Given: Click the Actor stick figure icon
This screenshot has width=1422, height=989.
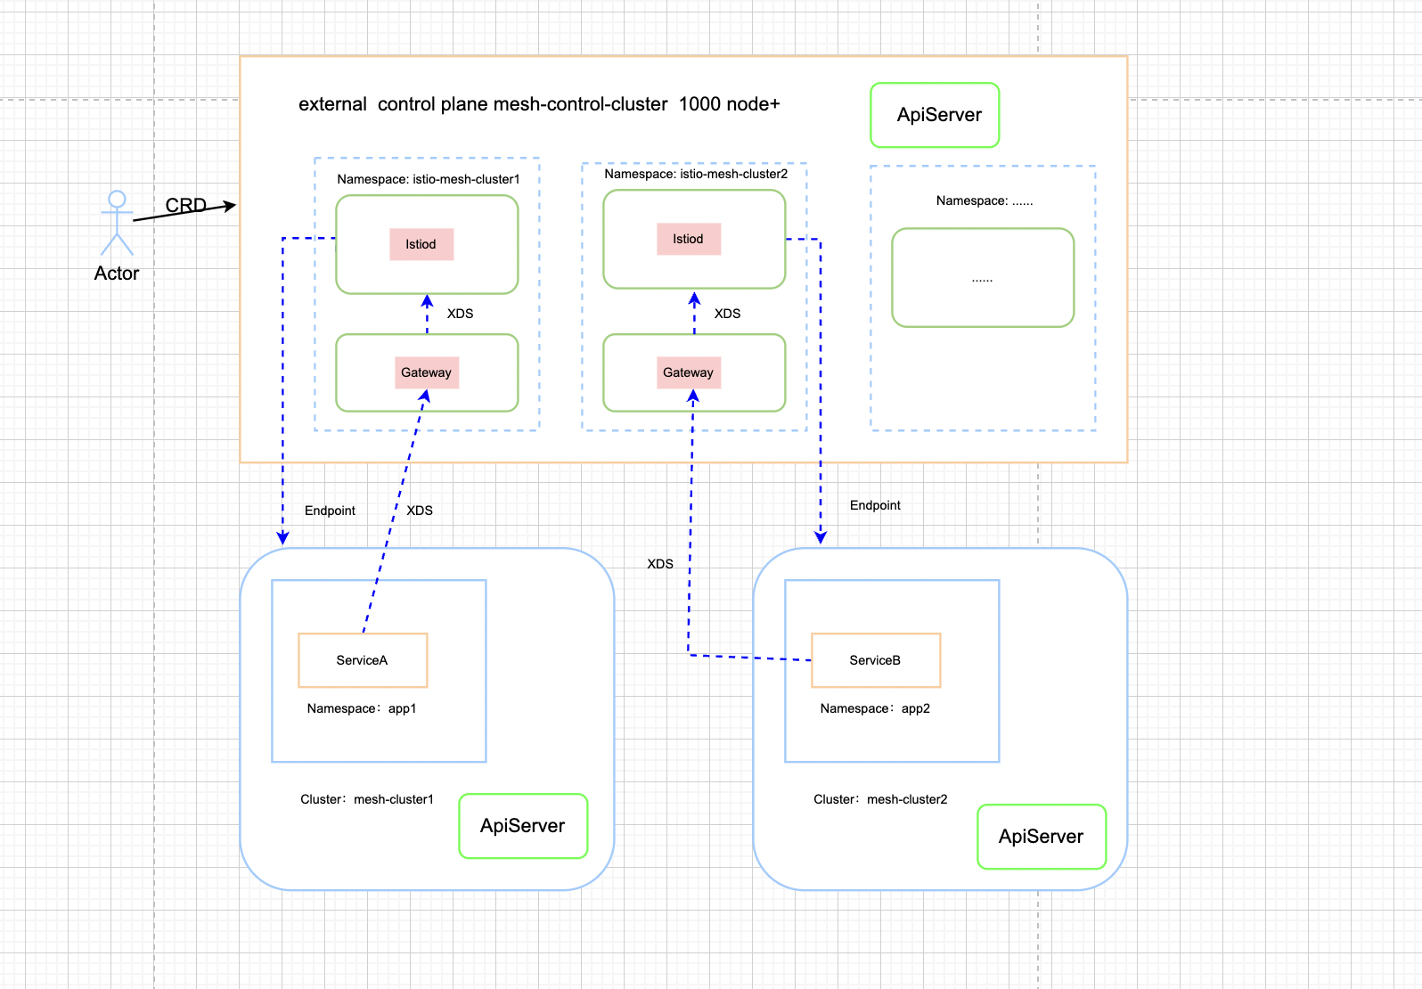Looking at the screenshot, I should [x=117, y=223].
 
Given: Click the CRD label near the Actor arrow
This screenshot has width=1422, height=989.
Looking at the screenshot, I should [x=185, y=206].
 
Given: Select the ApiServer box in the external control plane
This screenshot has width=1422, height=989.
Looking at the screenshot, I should [x=935, y=115].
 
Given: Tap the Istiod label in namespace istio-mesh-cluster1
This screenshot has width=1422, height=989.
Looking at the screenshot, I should [x=421, y=244].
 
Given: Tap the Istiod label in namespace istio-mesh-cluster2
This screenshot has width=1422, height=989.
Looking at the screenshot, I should [x=688, y=239].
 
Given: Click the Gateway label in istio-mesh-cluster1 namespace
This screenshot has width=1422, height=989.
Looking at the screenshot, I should [x=426, y=372].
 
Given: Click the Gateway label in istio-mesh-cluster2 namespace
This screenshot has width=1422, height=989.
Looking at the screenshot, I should [x=688, y=372].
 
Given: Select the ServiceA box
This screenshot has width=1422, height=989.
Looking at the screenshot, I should [x=363, y=660].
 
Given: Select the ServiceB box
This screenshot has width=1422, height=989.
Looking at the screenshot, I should [x=876, y=660].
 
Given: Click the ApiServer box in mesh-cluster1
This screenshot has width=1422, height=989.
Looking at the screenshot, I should [x=523, y=826].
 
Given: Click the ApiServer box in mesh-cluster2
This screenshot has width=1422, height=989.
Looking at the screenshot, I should [x=1041, y=837].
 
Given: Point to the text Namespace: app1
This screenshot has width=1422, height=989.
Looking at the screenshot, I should [x=362, y=708].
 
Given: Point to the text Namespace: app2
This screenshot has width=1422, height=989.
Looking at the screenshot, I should [x=875, y=708].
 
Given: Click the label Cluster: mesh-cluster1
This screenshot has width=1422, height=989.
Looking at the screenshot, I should [x=367, y=799].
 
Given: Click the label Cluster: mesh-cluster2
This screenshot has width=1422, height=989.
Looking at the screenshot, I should [x=880, y=799].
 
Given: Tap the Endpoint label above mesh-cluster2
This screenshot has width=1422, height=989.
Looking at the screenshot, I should [x=875, y=505].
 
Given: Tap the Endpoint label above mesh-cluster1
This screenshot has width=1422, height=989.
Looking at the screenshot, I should [x=330, y=511].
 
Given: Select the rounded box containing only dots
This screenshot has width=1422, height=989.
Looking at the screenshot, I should [x=983, y=278].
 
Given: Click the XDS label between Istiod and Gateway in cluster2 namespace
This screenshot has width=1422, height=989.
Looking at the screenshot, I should [x=727, y=314].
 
